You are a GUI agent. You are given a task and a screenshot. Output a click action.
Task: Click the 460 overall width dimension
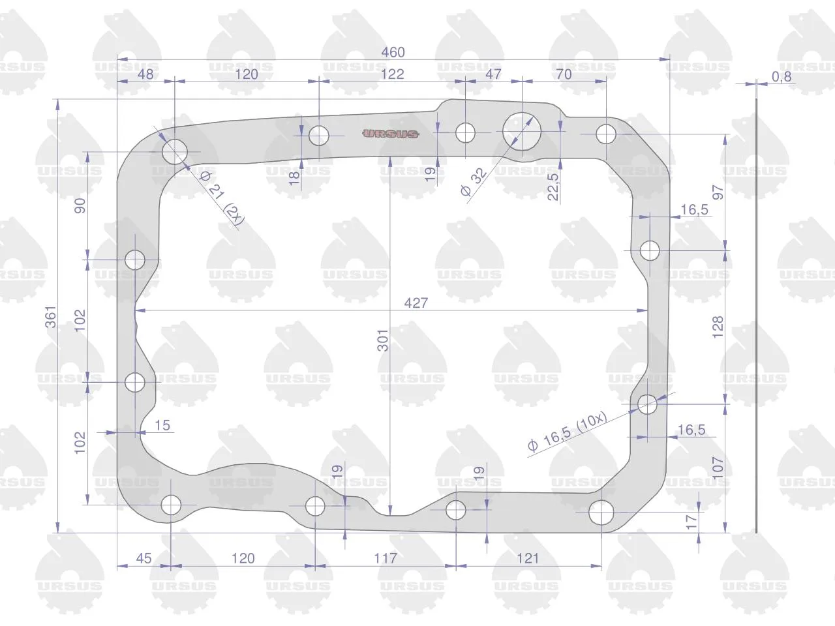pyautogui.click(x=393, y=52)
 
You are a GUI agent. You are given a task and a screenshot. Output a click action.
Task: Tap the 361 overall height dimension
pyautogui.click(x=51, y=317)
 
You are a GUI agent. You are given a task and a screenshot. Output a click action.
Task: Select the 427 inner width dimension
pyautogui.click(x=416, y=303)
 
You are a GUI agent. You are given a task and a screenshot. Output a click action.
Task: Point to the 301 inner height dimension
pyautogui.click(x=383, y=340)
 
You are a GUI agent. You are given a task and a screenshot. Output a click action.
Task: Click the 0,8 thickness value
pyautogui.click(x=782, y=77)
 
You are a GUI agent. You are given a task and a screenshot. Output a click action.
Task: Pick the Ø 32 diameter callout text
pyautogui.click(x=473, y=182)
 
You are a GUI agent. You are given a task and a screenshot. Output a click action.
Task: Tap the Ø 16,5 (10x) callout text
pyautogui.click(x=568, y=432)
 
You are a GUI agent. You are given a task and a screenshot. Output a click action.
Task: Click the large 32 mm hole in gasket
pyautogui.click(x=521, y=131)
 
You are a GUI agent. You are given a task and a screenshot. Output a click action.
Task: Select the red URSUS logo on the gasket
pyautogui.click(x=390, y=134)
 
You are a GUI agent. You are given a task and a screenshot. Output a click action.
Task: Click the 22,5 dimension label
pyautogui.click(x=553, y=186)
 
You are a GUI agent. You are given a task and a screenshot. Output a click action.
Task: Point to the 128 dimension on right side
pyautogui.click(x=718, y=327)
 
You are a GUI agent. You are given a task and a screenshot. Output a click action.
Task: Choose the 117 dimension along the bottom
pyautogui.click(x=386, y=558)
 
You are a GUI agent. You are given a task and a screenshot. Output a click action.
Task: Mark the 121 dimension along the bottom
pyautogui.click(x=528, y=558)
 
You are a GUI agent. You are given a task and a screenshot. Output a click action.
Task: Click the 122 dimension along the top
pyautogui.click(x=392, y=74)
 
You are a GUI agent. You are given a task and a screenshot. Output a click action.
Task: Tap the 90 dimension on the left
pyautogui.click(x=80, y=205)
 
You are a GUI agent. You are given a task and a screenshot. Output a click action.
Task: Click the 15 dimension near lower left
pyautogui.click(x=162, y=425)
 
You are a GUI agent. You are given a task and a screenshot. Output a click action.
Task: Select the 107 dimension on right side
pyautogui.click(x=718, y=468)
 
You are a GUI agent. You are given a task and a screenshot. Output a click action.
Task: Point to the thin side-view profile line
pyautogui.click(x=756, y=316)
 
